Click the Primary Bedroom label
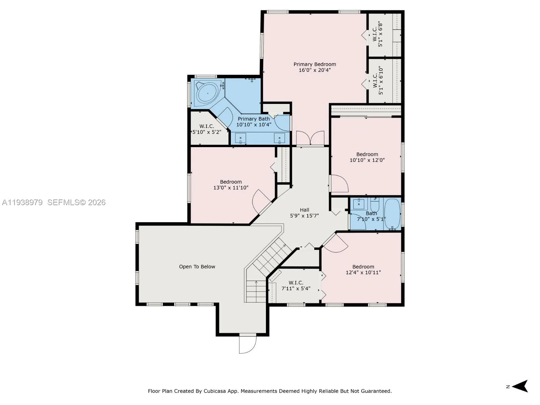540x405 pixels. pos(315,64)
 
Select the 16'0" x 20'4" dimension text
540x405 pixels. pos(315,70)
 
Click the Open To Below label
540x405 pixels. pos(197,267)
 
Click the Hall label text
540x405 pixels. pos(304,210)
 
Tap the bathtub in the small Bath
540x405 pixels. pos(392,213)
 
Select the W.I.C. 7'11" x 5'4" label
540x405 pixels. pos(296,286)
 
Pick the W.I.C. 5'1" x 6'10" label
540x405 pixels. pos(378,80)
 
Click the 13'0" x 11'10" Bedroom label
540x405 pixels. pos(231,185)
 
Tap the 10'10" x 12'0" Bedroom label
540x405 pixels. pos(367,157)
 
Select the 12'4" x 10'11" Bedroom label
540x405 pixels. pos(363,269)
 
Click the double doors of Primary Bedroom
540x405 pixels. pos(310,138)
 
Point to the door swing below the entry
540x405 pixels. pos(247,344)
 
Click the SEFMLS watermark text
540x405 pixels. pos(76,202)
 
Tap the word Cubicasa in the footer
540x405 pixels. pos(216,391)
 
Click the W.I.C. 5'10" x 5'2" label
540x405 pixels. pos(207,129)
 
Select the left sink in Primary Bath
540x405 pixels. pos(241,138)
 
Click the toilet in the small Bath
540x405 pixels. pos(375,205)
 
